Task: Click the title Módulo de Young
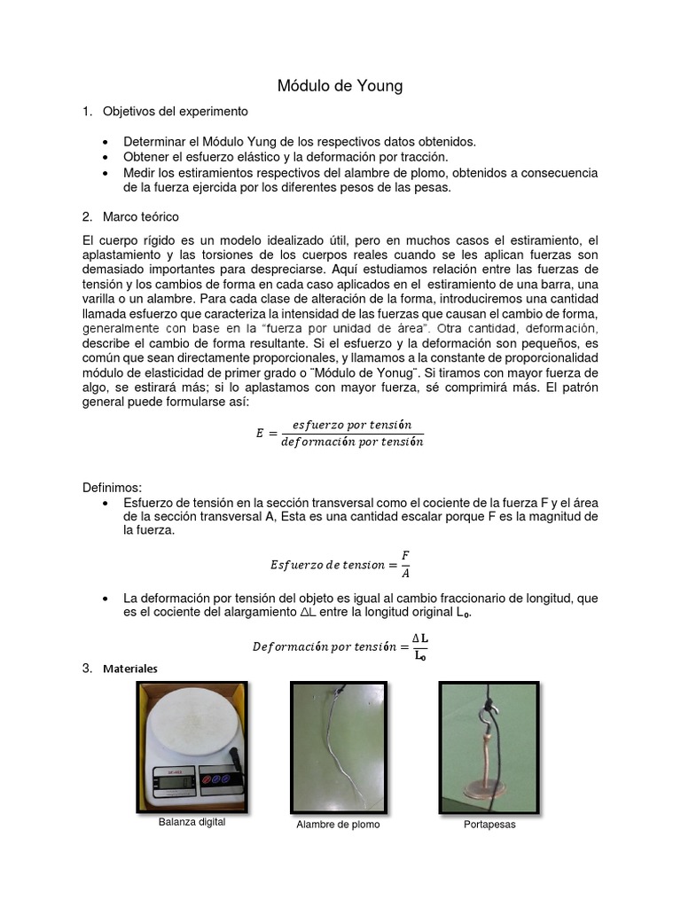coord(340,86)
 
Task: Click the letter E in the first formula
coord(260,433)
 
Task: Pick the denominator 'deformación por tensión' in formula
coord(352,442)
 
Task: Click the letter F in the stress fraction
coord(405,554)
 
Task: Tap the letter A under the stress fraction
coord(405,572)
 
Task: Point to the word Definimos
coord(112,488)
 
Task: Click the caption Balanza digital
coord(192,822)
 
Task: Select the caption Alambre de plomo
coord(338,825)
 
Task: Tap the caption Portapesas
coord(489,825)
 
